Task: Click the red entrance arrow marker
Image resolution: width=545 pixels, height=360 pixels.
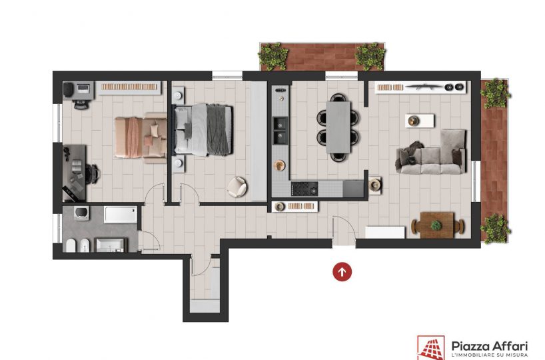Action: click(x=342, y=271)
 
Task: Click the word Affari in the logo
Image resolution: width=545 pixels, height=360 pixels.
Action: click(x=508, y=346)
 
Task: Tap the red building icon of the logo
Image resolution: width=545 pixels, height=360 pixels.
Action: click(x=430, y=348)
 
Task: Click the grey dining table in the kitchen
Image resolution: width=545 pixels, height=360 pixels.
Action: click(x=338, y=127)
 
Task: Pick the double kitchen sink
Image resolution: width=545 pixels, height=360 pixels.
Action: click(x=280, y=130)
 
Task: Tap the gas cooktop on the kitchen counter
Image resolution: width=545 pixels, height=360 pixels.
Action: click(x=304, y=189)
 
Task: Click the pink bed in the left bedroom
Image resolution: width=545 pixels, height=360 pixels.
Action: click(x=141, y=137)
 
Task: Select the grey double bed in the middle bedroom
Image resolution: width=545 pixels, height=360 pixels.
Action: click(x=203, y=130)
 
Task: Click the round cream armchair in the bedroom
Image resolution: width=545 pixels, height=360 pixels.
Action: click(x=237, y=187)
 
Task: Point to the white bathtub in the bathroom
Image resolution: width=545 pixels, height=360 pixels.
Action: click(x=121, y=215)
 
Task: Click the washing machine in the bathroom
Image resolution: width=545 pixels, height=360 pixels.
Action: click(x=82, y=213)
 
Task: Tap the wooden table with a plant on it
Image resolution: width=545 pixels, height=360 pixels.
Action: click(x=437, y=225)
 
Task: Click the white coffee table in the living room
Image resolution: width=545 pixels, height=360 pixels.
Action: click(x=420, y=121)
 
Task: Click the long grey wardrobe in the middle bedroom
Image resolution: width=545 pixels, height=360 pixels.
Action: click(x=259, y=141)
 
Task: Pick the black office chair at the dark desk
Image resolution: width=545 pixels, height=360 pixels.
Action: click(x=93, y=173)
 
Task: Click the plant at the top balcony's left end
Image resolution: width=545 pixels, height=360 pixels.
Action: click(x=273, y=56)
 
